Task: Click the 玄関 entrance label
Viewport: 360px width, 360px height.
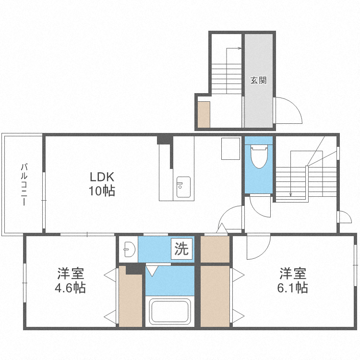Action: tap(258, 81)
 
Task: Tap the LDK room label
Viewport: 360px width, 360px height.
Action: tap(101, 176)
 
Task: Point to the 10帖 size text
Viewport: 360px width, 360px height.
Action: tap(101, 191)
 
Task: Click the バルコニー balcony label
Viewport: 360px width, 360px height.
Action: tap(23, 184)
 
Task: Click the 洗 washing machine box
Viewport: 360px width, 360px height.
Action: tap(182, 249)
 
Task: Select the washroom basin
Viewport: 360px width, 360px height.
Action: tap(128, 249)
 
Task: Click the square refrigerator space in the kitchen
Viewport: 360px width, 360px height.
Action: tap(230, 148)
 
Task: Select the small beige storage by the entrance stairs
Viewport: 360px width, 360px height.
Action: tap(204, 114)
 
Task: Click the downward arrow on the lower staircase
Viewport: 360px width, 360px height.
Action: tap(291, 194)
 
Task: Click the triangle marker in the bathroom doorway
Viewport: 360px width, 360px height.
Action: tap(152, 271)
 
